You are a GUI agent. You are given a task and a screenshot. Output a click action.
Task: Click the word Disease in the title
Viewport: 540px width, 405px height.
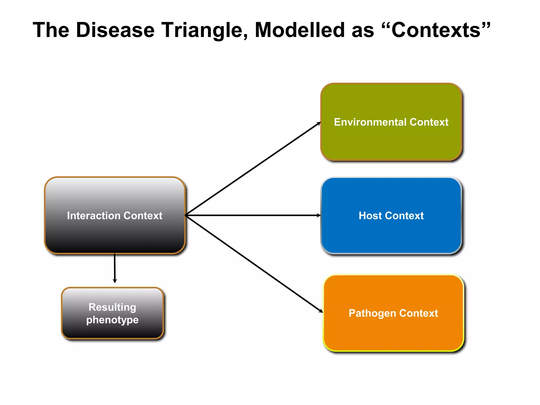[115, 30]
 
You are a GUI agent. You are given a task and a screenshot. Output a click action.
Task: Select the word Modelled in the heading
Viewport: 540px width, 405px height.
[300, 30]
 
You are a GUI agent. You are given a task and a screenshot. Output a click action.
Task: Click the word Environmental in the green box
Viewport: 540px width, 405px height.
[370, 122]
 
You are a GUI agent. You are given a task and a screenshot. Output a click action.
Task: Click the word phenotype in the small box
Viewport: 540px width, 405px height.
[112, 320]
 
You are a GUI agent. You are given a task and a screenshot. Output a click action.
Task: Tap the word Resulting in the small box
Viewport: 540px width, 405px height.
[112, 307]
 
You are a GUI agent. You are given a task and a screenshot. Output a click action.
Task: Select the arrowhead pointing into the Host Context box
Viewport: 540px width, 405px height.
[318, 215]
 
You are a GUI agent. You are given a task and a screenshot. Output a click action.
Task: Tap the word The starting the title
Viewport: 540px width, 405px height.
[51, 30]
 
